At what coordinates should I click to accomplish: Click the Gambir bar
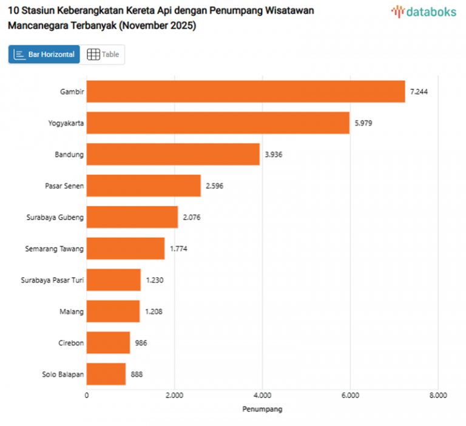tap(245, 91)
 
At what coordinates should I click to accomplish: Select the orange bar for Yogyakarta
tap(218, 123)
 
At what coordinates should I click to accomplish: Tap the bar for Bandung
tap(173, 154)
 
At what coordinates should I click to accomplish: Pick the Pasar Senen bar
tap(143, 186)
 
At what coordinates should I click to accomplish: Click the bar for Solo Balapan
tap(106, 374)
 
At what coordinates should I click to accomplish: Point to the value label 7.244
tap(419, 92)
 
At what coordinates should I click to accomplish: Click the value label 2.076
tap(192, 217)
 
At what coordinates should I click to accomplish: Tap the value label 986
tap(141, 343)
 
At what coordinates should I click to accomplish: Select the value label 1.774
tap(178, 248)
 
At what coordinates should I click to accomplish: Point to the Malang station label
tap(72, 312)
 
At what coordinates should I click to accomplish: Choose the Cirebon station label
tap(70, 343)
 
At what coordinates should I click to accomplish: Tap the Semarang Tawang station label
tap(55, 249)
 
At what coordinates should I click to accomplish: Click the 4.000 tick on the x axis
tap(262, 395)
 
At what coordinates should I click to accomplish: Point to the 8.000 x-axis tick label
tap(437, 395)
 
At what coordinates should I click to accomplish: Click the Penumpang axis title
tap(262, 409)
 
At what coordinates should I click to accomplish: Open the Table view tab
tap(104, 55)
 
